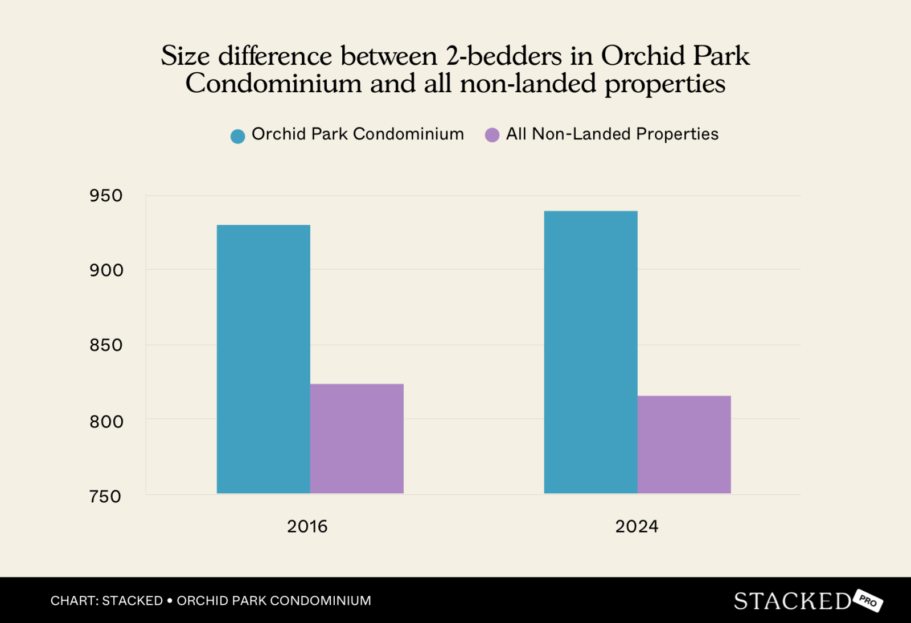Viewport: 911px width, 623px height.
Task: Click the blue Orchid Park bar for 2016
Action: click(x=263, y=359)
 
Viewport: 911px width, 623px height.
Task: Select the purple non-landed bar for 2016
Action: click(x=356, y=439)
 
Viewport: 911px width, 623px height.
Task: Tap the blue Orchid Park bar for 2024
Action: click(x=590, y=352)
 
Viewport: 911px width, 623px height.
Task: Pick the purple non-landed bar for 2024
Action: click(x=684, y=444)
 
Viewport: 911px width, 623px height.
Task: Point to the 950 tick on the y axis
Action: click(x=106, y=196)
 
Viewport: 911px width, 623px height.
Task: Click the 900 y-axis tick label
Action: click(x=106, y=270)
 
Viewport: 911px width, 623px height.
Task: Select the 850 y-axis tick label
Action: click(x=106, y=345)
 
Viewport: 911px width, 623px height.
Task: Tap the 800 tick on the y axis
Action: click(x=106, y=422)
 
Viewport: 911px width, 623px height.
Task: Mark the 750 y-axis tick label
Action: click(x=105, y=497)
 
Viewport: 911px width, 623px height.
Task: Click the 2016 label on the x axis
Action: click(x=307, y=526)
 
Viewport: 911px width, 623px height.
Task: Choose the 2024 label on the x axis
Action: click(x=637, y=526)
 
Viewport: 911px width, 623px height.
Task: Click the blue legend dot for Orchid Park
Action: click(x=237, y=136)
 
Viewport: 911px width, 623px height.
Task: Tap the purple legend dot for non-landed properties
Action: click(x=492, y=135)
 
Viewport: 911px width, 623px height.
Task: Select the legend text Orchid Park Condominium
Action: click(x=358, y=134)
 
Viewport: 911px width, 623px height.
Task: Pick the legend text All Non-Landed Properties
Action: click(x=612, y=134)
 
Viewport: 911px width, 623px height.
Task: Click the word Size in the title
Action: click(x=185, y=56)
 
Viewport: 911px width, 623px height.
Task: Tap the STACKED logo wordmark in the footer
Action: click(x=792, y=601)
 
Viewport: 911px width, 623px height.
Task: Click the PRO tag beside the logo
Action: click(x=868, y=601)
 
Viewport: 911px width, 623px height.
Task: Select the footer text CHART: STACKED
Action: click(x=106, y=601)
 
